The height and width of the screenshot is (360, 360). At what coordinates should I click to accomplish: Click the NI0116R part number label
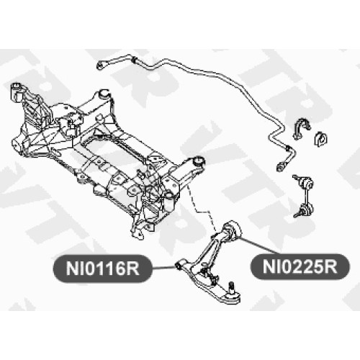pos(102,269)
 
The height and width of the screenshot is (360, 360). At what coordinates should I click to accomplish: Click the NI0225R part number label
pos(300,266)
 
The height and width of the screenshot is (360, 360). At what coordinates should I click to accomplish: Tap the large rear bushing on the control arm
pos(232,230)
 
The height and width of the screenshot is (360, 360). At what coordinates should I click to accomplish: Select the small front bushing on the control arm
pos(178,266)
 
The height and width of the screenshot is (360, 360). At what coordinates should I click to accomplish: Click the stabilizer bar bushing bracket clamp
pos(302,128)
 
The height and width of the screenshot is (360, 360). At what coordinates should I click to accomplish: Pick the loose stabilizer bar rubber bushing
pos(321,138)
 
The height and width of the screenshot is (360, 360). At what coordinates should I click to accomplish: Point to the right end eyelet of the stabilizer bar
pos(280,166)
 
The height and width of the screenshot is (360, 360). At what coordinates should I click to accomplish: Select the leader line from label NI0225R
pos(260,246)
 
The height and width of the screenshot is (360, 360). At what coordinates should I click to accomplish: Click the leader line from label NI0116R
pos(163,268)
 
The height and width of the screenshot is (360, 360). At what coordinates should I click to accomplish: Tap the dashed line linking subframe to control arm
pos(201,208)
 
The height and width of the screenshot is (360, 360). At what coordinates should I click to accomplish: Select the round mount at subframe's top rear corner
pos(104,93)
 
